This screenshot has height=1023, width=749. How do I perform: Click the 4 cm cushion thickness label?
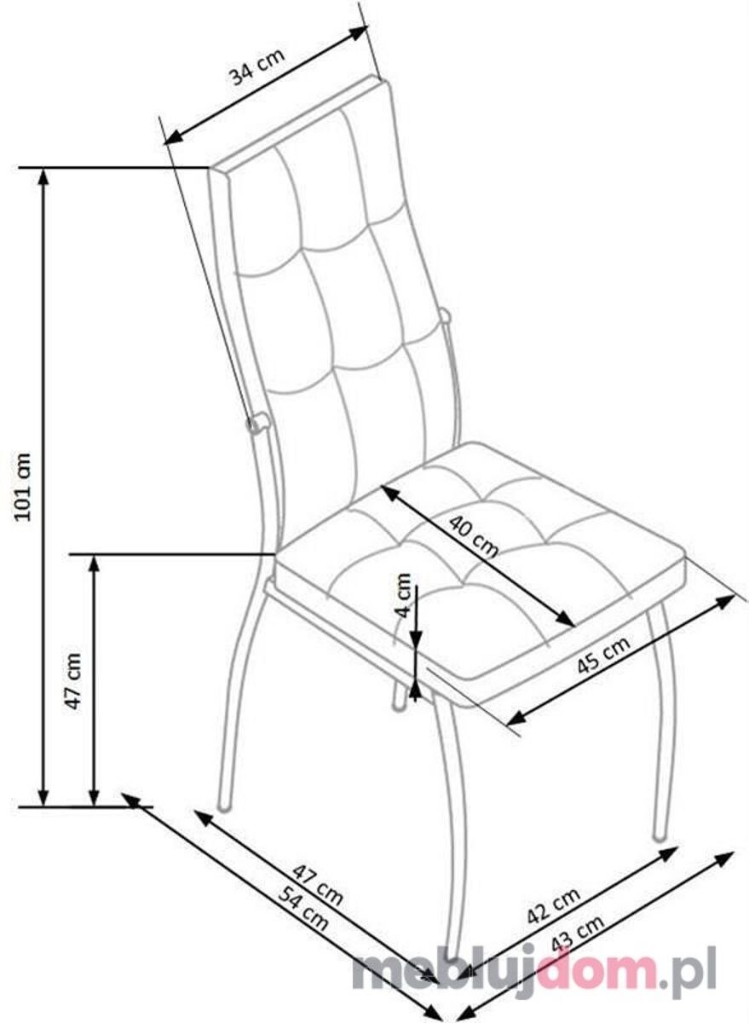(x=402, y=595)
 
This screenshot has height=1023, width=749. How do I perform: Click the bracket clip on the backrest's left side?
(x=258, y=424)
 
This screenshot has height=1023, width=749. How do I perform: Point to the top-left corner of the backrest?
(x=210, y=168)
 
